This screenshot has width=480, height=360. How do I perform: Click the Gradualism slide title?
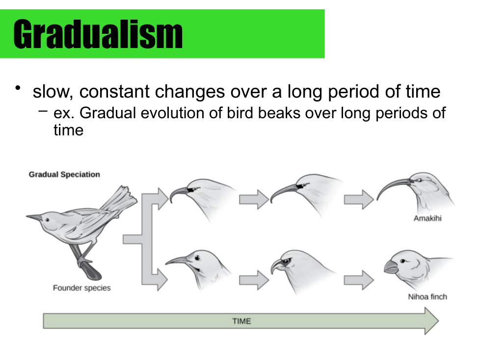pyautogui.click(x=98, y=34)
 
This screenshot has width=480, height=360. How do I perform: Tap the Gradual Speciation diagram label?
pyautogui.click(x=64, y=174)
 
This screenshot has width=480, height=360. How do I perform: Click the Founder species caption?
pyautogui.click(x=82, y=288)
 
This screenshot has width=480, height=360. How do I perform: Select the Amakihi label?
pyautogui.click(x=427, y=218)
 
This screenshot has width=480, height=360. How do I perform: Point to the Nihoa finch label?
pyautogui.click(x=427, y=297)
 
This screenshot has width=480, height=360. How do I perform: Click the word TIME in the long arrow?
pyautogui.click(x=241, y=321)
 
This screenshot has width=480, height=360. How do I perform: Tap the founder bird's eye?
pyautogui.click(x=47, y=220)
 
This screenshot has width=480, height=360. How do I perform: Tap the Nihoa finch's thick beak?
pyautogui.click(x=391, y=267)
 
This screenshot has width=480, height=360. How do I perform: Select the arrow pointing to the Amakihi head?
pyautogui.click(x=359, y=200)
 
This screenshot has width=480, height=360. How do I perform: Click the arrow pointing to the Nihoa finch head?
pyautogui.click(x=359, y=280)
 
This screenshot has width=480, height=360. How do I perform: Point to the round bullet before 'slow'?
pyautogui.click(x=18, y=88)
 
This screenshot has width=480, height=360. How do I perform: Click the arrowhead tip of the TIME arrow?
pyautogui.click(x=439, y=321)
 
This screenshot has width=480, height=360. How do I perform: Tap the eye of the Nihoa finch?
pyautogui.click(x=402, y=261)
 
